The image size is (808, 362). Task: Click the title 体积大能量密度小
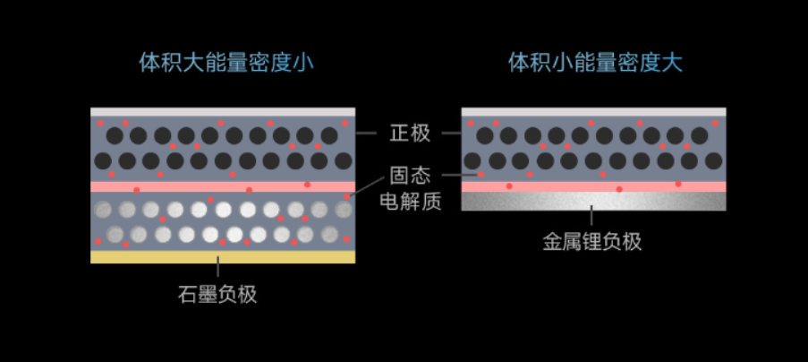point(226,63)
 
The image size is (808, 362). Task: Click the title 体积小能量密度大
point(595,63)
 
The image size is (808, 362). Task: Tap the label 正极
point(410,133)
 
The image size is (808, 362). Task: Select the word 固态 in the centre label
point(410,176)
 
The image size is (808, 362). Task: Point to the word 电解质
point(410,201)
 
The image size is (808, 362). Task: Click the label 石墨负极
point(217,295)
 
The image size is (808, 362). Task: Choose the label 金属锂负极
point(592,241)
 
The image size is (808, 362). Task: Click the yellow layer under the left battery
point(223,257)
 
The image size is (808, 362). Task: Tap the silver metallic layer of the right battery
point(593,201)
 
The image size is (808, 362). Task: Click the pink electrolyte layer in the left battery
point(223,186)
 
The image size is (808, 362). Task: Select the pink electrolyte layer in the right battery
point(593,186)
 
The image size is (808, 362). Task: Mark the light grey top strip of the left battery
point(223,112)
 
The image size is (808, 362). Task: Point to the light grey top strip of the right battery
point(593,112)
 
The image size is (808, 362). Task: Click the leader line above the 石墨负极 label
point(218,266)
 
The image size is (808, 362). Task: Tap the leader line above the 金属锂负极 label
point(591,216)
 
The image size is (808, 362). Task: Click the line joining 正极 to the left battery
point(366,133)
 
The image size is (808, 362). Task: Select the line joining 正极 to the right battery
point(451,133)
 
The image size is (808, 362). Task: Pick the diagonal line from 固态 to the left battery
point(366,186)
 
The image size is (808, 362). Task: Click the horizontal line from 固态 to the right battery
point(460,175)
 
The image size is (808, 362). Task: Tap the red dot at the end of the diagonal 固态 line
point(347,196)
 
